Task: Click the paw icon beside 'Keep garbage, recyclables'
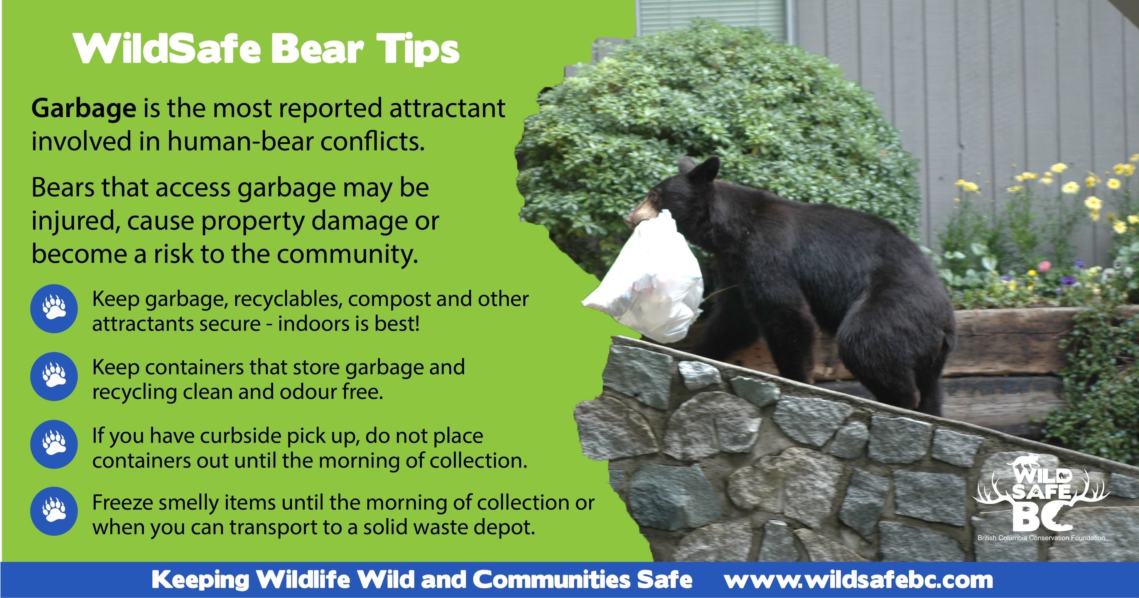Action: pyautogui.click(x=54, y=308)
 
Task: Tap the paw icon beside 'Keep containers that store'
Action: pyautogui.click(x=54, y=377)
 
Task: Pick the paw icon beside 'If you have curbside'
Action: pyautogui.click(x=54, y=444)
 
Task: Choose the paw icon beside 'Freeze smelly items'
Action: pyautogui.click(x=54, y=511)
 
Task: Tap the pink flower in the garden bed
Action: pyautogui.click(x=1045, y=266)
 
